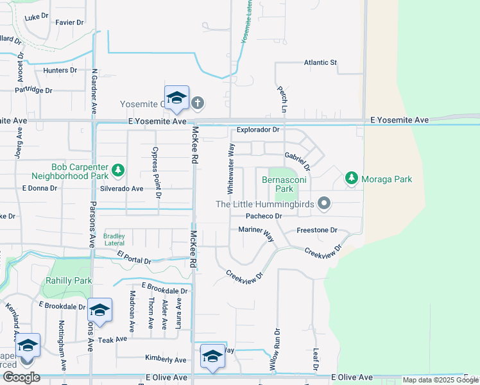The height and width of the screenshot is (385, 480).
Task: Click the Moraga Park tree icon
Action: point(351,178)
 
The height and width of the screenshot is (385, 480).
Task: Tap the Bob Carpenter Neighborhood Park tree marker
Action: point(117,170)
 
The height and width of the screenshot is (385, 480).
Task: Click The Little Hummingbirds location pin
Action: point(324,204)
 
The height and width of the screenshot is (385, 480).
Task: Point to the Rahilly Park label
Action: point(69,280)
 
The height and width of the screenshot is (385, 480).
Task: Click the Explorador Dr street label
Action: point(259,130)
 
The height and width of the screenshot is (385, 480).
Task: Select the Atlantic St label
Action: point(320,63)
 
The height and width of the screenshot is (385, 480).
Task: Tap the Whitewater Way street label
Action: point(230,169)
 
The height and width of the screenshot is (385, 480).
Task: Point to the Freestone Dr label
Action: point(317,230)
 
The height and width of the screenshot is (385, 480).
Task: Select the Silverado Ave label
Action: point(121,189)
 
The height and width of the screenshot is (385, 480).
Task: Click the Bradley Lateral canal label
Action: point(114,240)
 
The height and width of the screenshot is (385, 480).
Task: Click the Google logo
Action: point(21,377)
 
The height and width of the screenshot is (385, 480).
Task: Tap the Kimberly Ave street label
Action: point(166,359)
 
